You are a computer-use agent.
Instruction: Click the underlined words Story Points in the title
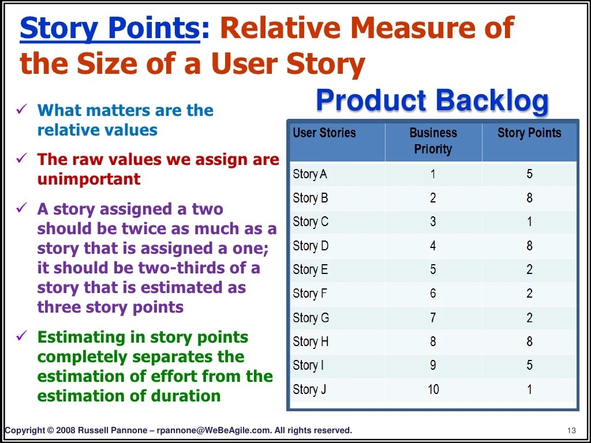tap(110, 28)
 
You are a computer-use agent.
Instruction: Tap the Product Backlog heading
tap(432, 100)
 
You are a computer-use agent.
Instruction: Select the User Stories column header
tap(324, 133)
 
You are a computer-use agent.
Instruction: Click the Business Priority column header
tap(433, 141)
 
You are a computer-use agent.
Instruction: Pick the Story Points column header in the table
tap(529, 133)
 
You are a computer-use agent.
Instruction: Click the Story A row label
tap(310, 174)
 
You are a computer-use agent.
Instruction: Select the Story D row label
tap(311, 246)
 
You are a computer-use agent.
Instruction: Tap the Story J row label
tap(309, 389)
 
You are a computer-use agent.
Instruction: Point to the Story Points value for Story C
tap(529, 222)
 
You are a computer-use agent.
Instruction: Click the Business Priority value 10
tap(433, 389)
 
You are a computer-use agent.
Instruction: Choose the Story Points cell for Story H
tap(529, 341)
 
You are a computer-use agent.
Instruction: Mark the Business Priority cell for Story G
tap(433, 318)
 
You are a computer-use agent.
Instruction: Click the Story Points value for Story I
tap(529, 365)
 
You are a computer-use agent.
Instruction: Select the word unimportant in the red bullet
tap(89, 179)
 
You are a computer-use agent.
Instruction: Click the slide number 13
tap(572, 430)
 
